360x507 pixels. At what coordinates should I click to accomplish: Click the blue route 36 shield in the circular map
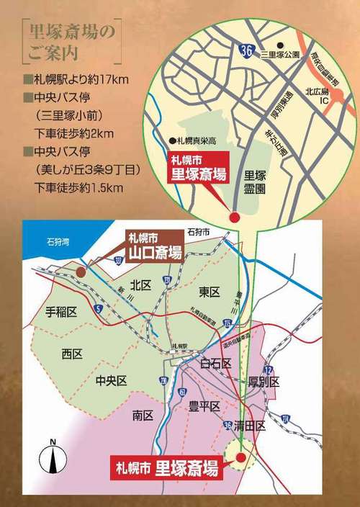246,49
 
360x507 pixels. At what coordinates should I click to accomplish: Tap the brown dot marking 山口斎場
82,272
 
